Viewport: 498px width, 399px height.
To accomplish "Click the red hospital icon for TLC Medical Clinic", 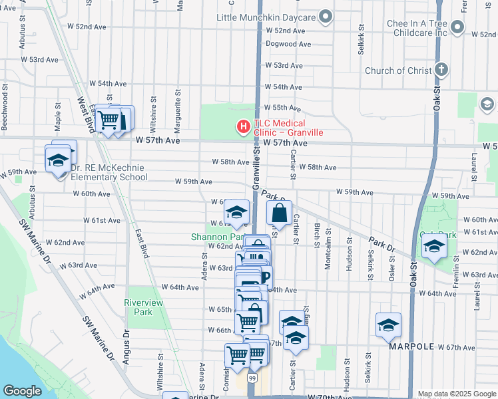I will tap(243, 126).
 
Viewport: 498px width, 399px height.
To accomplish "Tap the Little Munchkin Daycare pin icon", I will tap(326, 15).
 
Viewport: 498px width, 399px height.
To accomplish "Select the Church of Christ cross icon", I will tap(441, 70).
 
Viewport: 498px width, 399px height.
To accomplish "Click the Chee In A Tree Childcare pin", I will tap(457, 27).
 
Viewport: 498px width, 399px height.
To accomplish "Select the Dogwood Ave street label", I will tap(288, 45).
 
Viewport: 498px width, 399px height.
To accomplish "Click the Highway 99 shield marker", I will tap(253, 378).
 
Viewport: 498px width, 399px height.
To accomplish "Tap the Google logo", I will tap(23, 391).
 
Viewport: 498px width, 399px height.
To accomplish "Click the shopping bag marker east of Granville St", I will tap(280, 213).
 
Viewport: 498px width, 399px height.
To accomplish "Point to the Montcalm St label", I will tap(328, 252).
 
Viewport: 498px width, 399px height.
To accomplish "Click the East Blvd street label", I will tap(140, 243).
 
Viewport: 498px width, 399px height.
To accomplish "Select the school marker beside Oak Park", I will tap(434, 247).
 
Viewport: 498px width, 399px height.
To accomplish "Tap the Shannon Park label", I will tap(214, 237).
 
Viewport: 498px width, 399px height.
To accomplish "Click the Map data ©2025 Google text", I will tap(457, 394).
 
